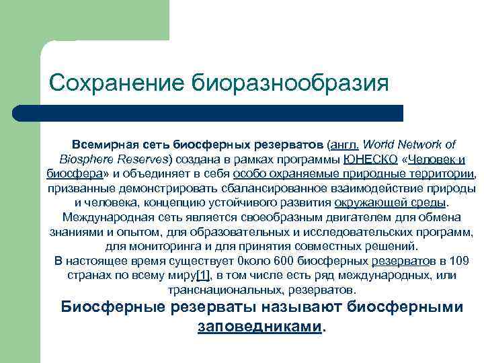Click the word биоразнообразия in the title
pos(291,84)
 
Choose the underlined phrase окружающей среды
pos(391,202)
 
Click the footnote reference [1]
pos(202,276)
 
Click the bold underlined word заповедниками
pos(260,326)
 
